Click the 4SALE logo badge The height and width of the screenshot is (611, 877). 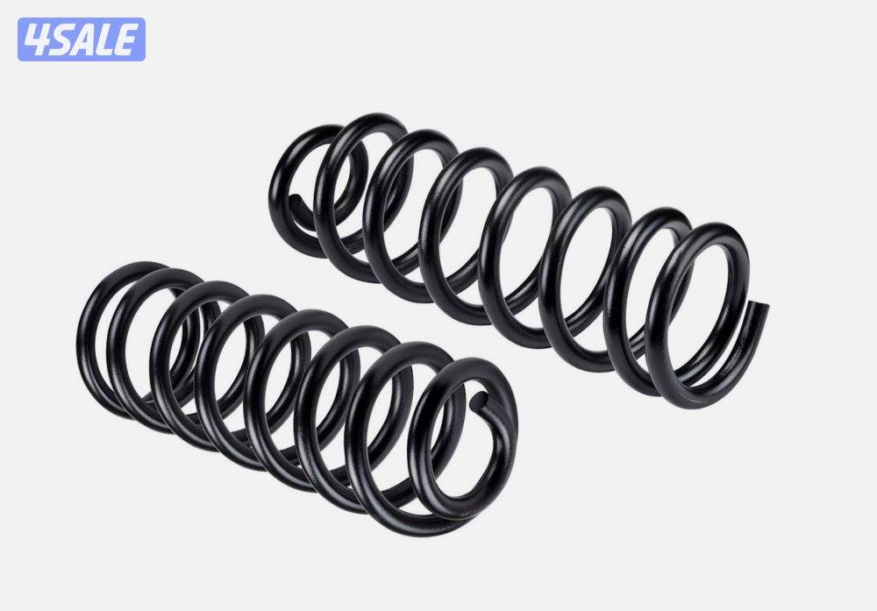[81, 39]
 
